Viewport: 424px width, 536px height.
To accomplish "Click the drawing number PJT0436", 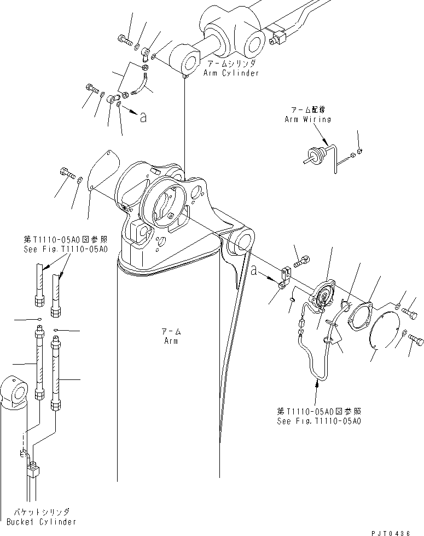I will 398,532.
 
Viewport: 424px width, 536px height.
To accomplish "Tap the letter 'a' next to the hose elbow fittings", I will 143,117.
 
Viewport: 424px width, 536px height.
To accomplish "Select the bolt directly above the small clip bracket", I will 301,264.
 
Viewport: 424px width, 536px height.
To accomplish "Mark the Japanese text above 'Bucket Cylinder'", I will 39,512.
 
